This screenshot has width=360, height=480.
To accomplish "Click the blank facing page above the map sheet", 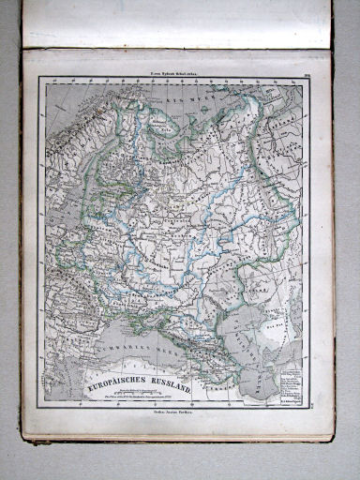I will pos(178,23).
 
